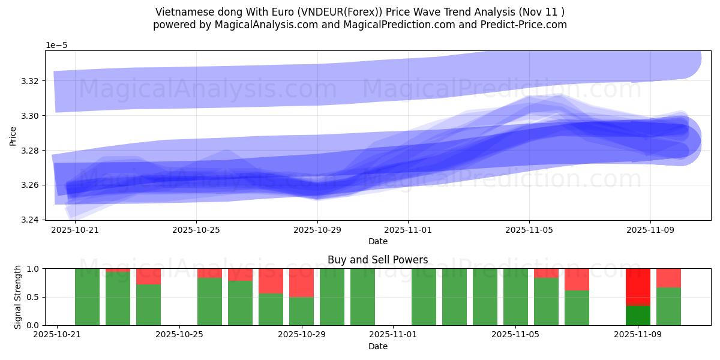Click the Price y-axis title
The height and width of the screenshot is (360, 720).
pos(13,136)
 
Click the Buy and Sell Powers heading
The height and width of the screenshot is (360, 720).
pos(377,260)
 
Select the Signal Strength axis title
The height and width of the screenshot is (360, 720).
pos(18,297)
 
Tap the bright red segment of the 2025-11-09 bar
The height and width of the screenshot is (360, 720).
pos(638,287)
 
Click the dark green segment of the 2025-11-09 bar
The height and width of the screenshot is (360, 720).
pos(638,316)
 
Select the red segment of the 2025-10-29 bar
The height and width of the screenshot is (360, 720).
pos(301,283)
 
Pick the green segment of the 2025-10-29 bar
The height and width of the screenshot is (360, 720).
pos(301,311)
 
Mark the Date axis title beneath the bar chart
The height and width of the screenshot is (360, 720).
pos(377,346)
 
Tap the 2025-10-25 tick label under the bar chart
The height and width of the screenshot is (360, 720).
pos(179,335)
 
